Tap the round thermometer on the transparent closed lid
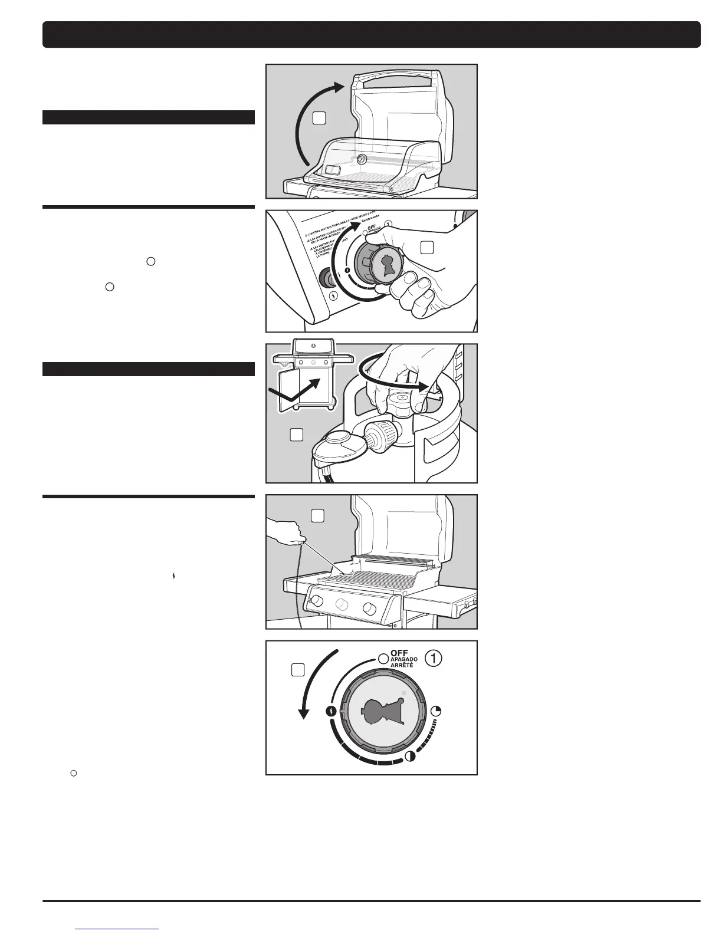click(361, 160)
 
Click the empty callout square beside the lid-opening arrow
click(319, 118)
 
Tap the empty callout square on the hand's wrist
click(427, 248)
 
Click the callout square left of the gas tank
click(297, 435)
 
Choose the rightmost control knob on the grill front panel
click(370, 609)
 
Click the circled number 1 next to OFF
click(434, 659)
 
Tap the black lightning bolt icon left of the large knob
click(332, 711)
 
